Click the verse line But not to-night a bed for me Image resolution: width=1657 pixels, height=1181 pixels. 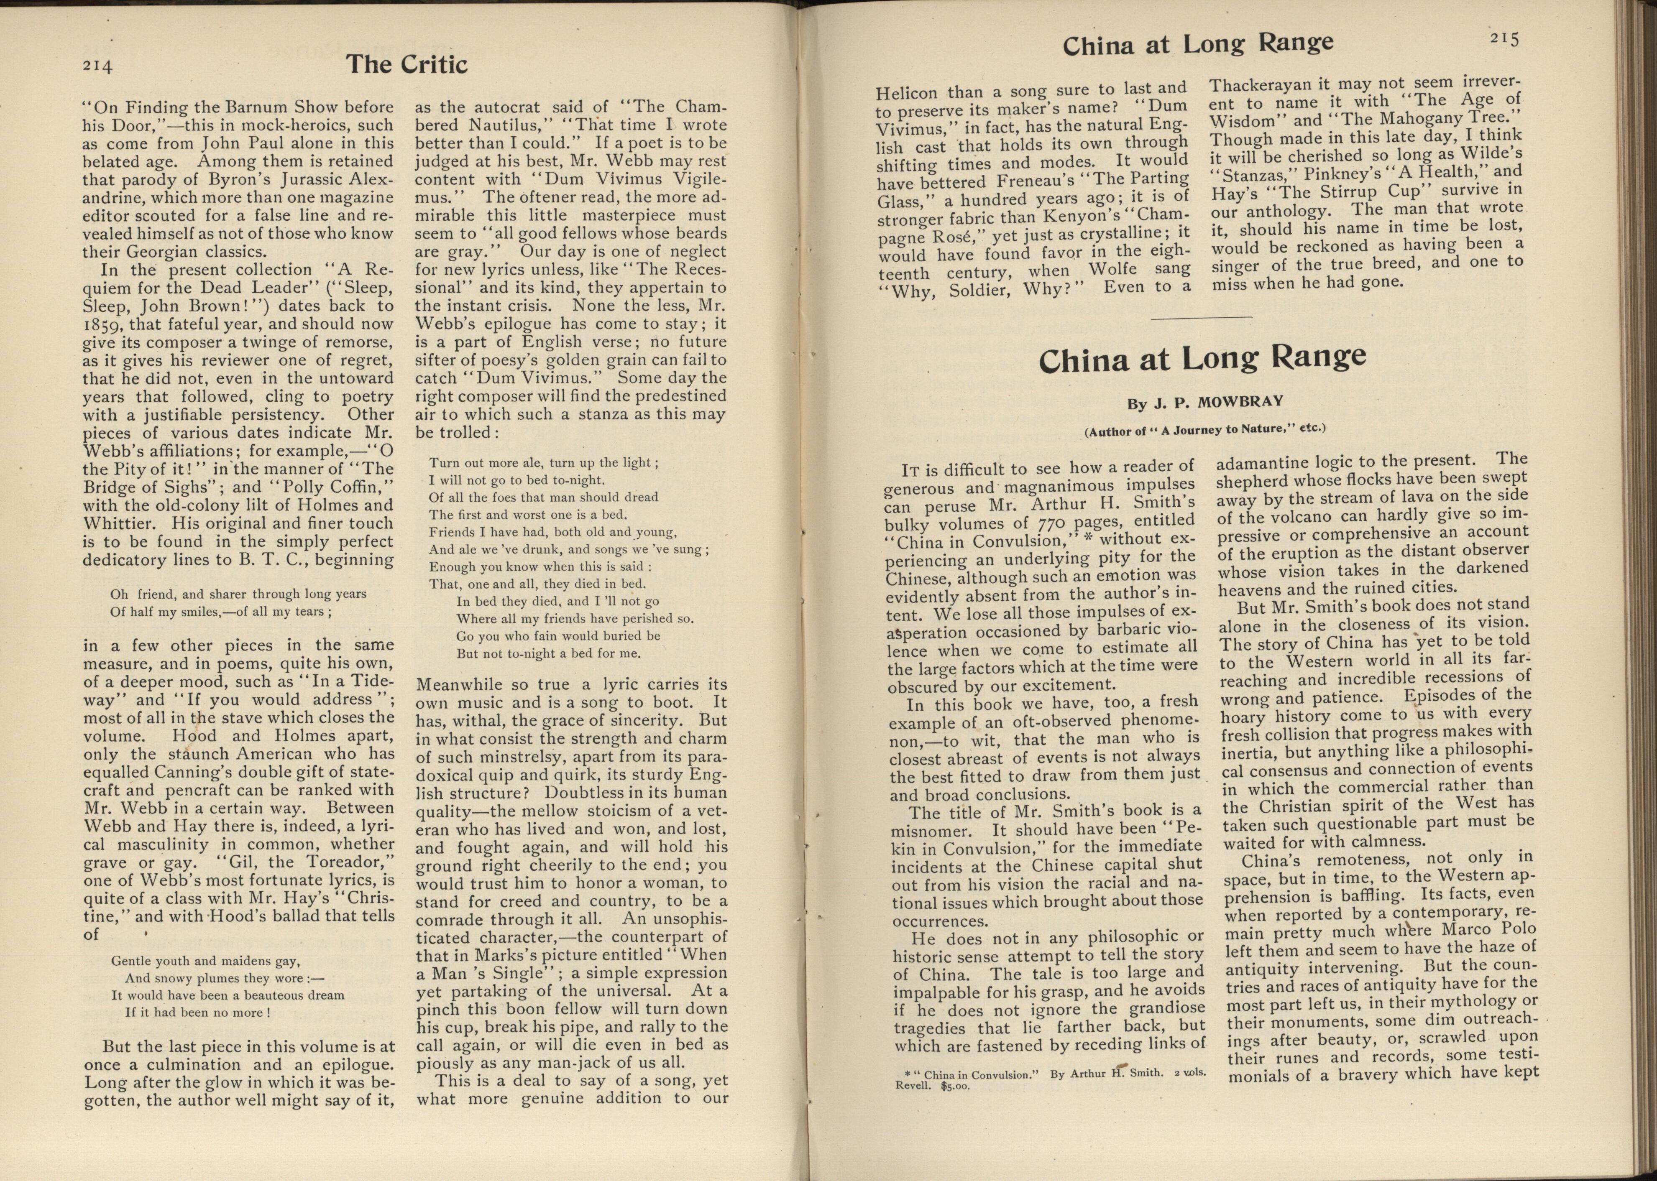click(548, 653)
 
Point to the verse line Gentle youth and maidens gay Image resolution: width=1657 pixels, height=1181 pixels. click(206, 961)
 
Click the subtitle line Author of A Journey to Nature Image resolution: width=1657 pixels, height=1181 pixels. click(1204, 429)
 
